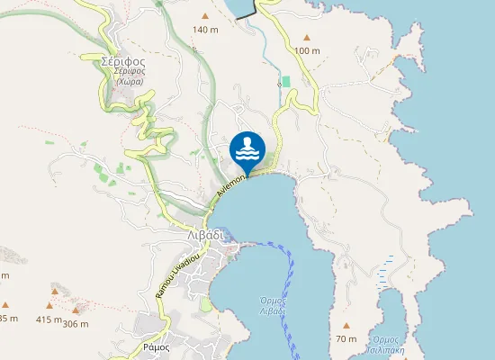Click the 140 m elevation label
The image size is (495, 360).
coord(205,30)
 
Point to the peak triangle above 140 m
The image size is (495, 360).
coord(205,16)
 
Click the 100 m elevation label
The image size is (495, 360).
coord(307,50)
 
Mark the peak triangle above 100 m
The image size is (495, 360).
coord(307,37)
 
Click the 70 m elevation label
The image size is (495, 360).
coord(346,338)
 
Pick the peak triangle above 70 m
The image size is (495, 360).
coord(346,325)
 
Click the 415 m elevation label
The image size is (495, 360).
coord(49,319)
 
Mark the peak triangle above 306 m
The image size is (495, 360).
coord(76,310)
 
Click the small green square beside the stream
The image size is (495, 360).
coord(287,82)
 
